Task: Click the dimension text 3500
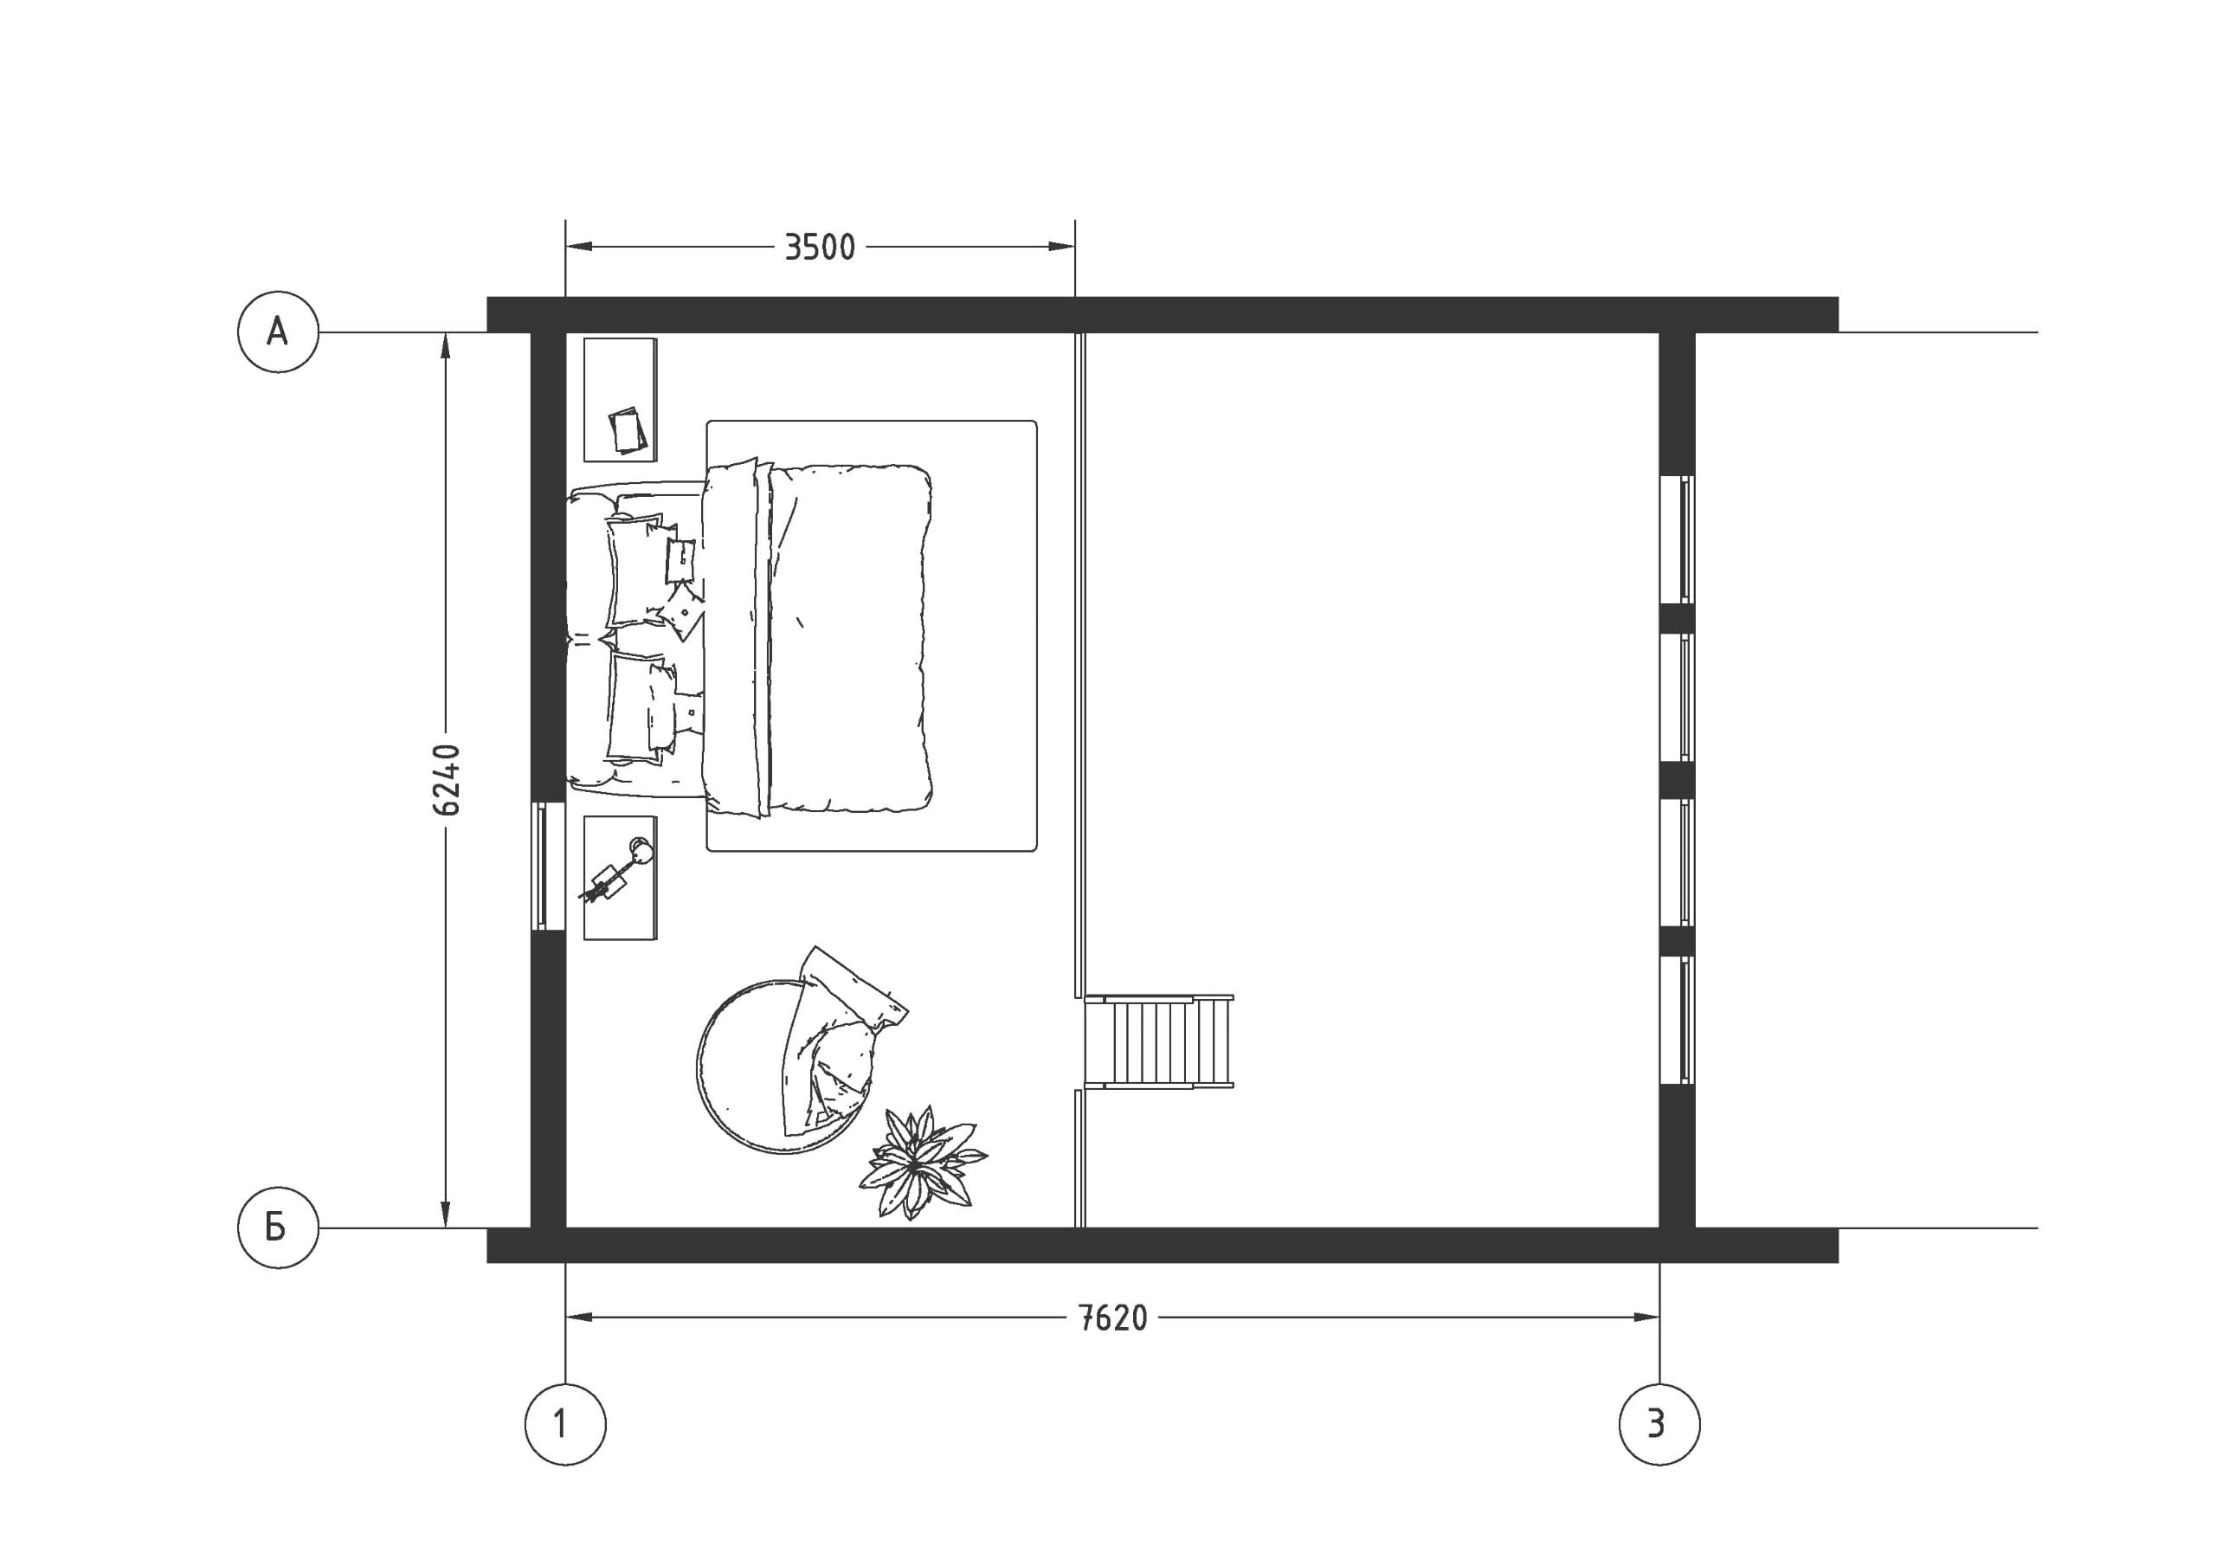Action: (x=820, y=248)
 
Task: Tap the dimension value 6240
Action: (x=446, y=780)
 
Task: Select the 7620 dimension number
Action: (x=1113, y=1318)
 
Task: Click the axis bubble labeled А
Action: (x=278, y=332)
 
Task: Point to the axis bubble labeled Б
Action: (x=278, y=1228)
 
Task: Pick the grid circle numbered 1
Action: (x=565, y=1424)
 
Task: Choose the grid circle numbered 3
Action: (x=1659, y=1424)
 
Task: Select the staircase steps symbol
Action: (x=1158, y=1041)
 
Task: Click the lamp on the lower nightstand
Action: (x=618, y=870)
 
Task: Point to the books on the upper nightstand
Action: (x=628, y=429)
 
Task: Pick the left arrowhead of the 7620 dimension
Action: (x=578, y=1317)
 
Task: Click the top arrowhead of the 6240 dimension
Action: (x=445, y=345)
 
